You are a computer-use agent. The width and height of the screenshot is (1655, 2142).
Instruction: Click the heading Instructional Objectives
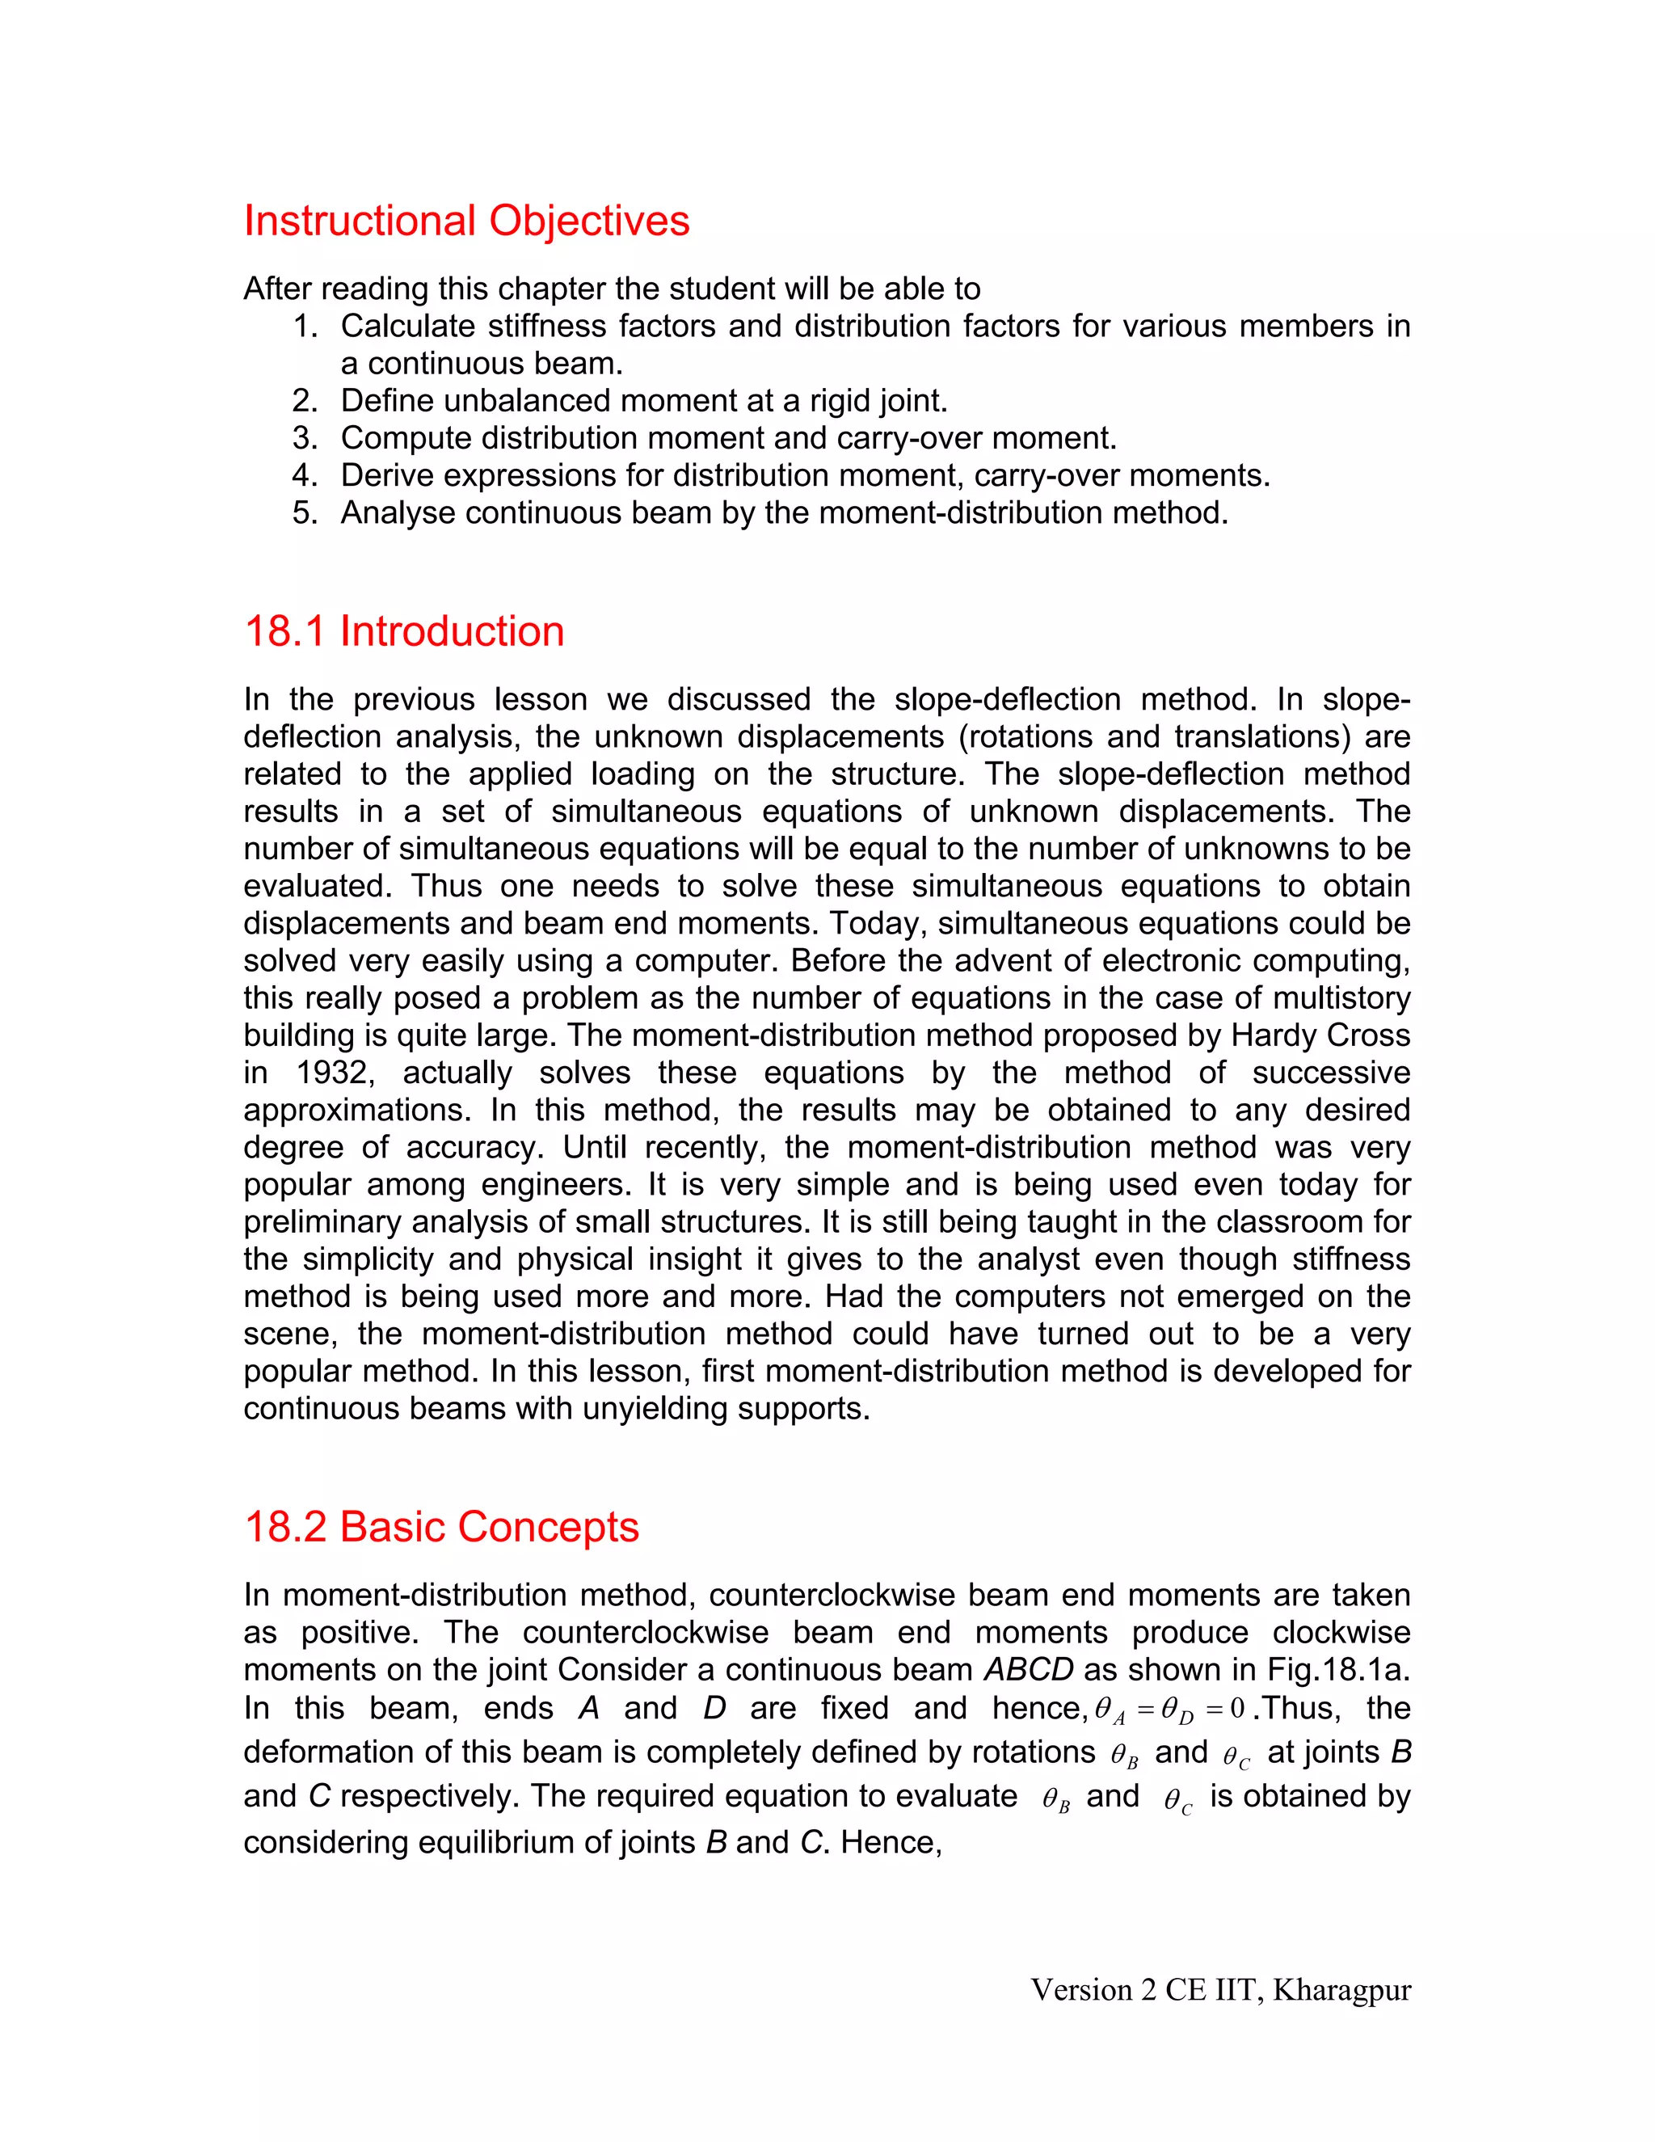click(467, 221)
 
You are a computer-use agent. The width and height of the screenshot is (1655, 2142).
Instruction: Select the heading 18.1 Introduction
click(404, 631)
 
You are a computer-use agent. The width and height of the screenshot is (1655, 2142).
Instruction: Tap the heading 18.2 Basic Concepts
click(441, 1527)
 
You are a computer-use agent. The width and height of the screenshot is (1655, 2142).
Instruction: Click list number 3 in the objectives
click(305, 438)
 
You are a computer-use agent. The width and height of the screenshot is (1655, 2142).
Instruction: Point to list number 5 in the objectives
click(305, 513)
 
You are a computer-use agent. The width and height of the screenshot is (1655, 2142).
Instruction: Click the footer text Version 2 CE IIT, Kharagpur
click(1221, 1990)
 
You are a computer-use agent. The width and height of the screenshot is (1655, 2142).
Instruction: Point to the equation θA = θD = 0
click(1169, 1710)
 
